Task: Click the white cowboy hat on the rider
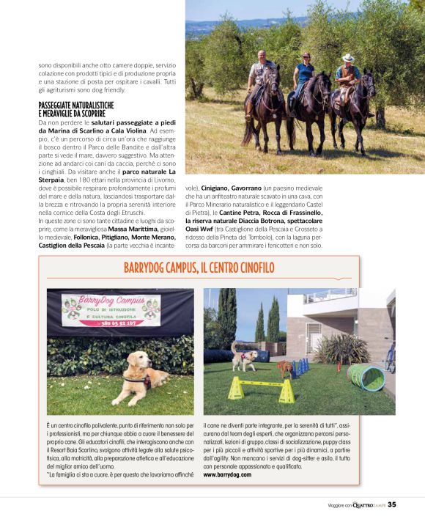coord(348,57)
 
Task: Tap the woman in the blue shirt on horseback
coord(303,73)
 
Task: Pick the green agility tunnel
coord(365,375)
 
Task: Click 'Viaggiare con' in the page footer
coord(341,505)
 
